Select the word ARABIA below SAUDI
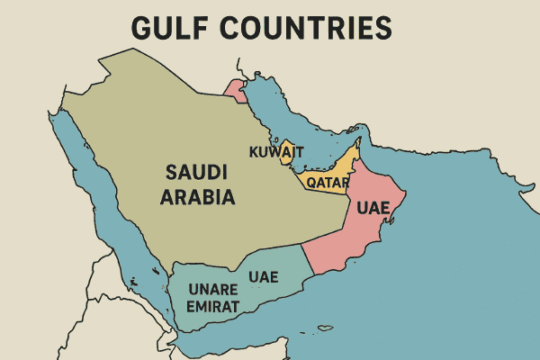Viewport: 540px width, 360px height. click(x=197, y=196)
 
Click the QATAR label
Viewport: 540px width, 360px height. click(x=328, y=183)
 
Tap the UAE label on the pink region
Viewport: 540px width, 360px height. click(x=373, y=208)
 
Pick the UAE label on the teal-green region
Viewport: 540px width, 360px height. click(x=263, y=275)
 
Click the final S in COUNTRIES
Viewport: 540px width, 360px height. click(x=384, y=28)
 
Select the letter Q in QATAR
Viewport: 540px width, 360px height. click(x=311, y=183)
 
